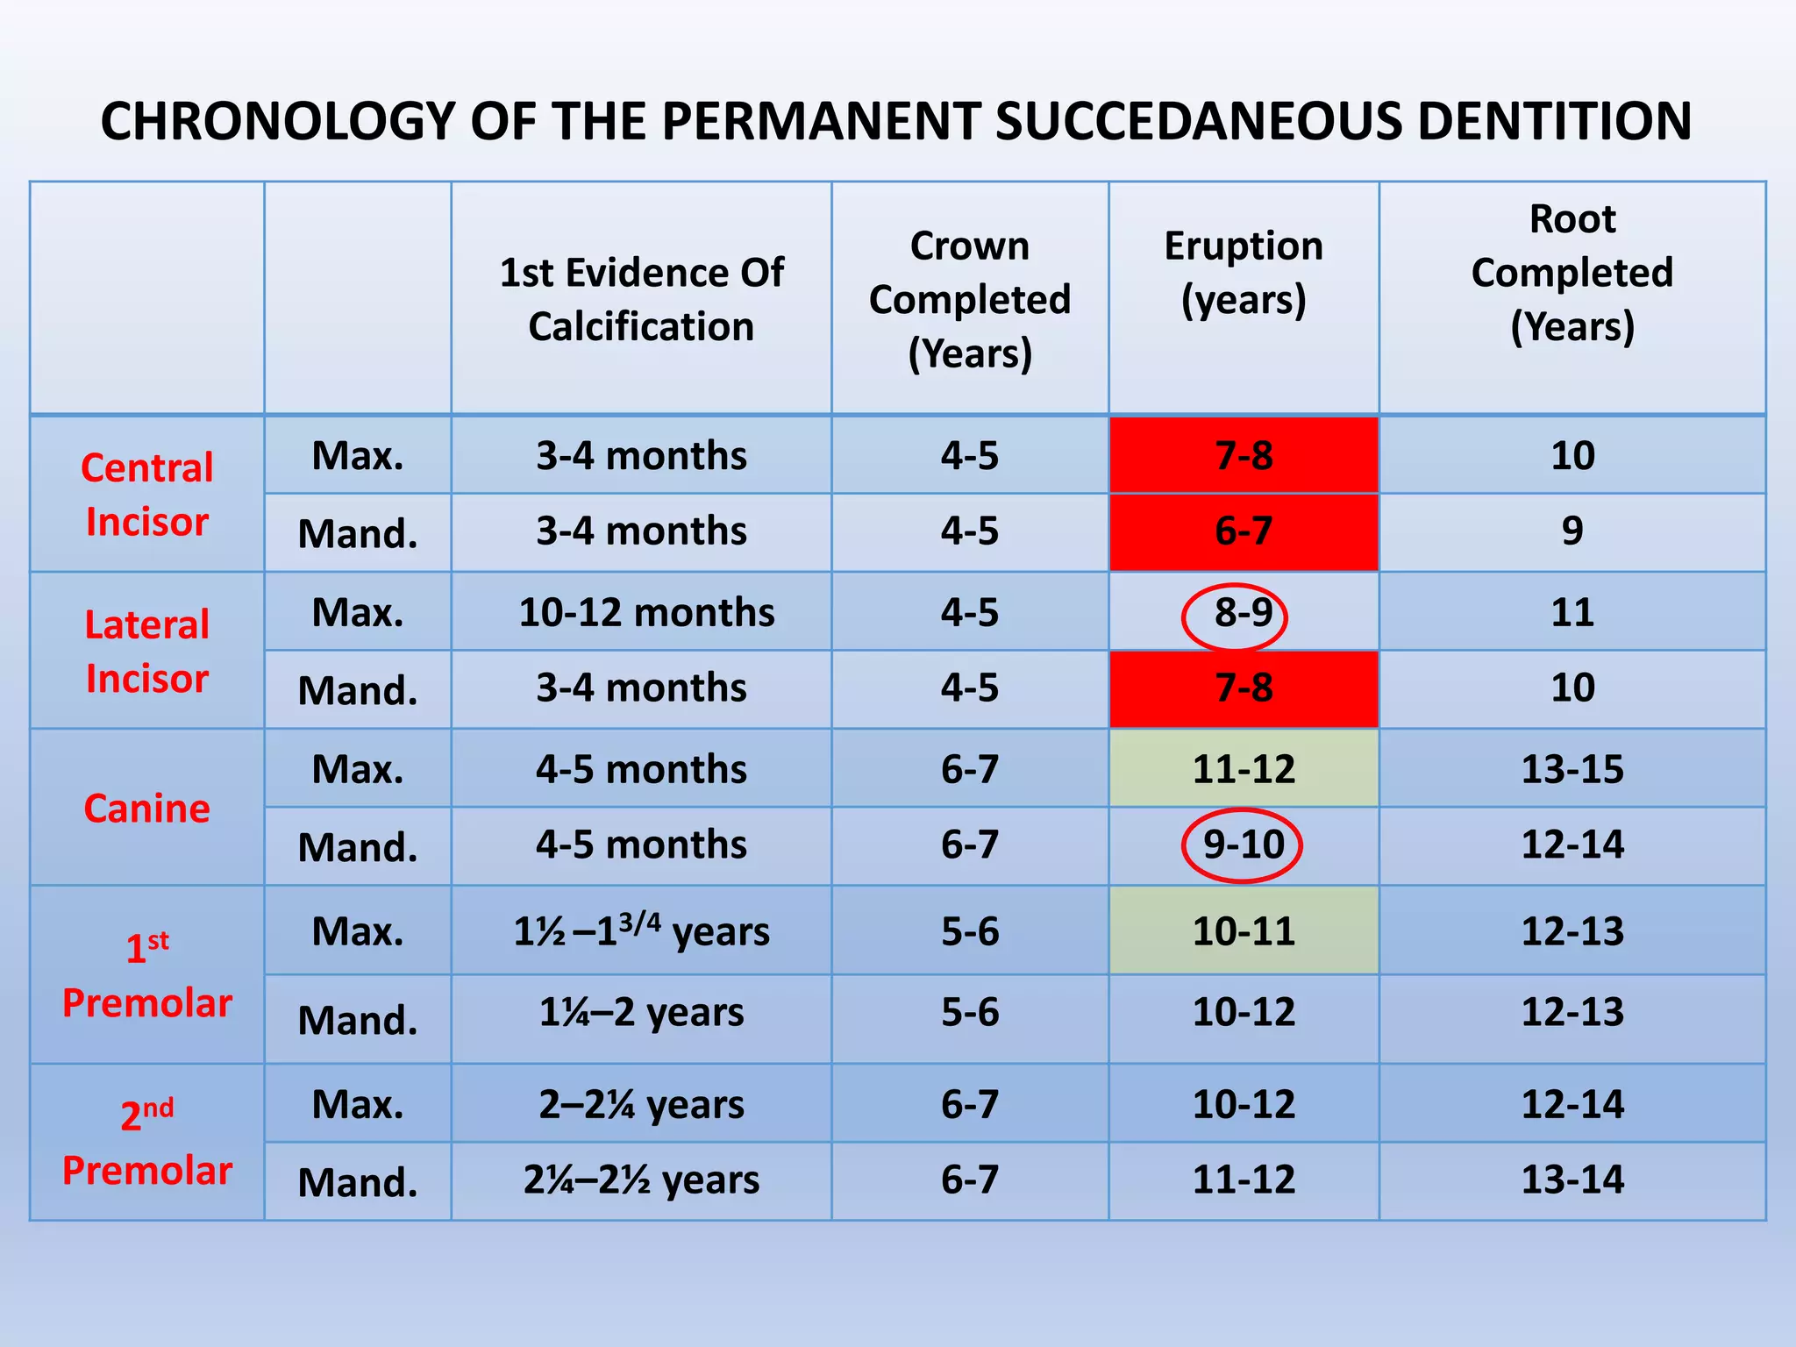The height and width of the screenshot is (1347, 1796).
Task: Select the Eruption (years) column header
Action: tap(1244, 273)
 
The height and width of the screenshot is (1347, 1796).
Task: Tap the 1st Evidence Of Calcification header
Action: tap(641, 299)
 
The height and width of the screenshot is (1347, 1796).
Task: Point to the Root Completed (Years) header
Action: tap(1572, 273)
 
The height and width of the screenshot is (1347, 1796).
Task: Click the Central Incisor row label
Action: tap(147, 495)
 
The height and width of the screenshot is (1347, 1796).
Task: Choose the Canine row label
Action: tap(147, 808)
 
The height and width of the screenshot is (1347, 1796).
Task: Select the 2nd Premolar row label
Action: tap(147, 1143)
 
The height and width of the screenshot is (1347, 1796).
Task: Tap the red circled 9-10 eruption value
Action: tap(1243, 845)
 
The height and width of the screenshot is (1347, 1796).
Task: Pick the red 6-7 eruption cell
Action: tap(1244, 531)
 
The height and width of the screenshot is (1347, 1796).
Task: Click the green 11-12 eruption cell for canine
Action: tap(1244, 769)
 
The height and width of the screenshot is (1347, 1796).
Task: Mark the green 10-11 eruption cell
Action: tap(1244, 931)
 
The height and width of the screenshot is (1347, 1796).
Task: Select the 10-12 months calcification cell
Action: tap(646, 612)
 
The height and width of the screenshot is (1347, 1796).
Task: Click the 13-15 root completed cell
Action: tap(1572, 769)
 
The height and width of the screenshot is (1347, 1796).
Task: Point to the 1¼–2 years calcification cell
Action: tap(641, 1013)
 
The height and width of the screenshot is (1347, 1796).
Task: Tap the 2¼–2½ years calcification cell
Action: tap(641, 1180)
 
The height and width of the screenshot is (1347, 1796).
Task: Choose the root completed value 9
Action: tap(1572, 531)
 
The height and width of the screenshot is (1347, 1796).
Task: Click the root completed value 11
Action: tap(1572, 612)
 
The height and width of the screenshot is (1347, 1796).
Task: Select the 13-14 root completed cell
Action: tap(1572, 1180)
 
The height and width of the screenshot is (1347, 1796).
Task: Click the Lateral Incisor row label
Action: tap(147, 652)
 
